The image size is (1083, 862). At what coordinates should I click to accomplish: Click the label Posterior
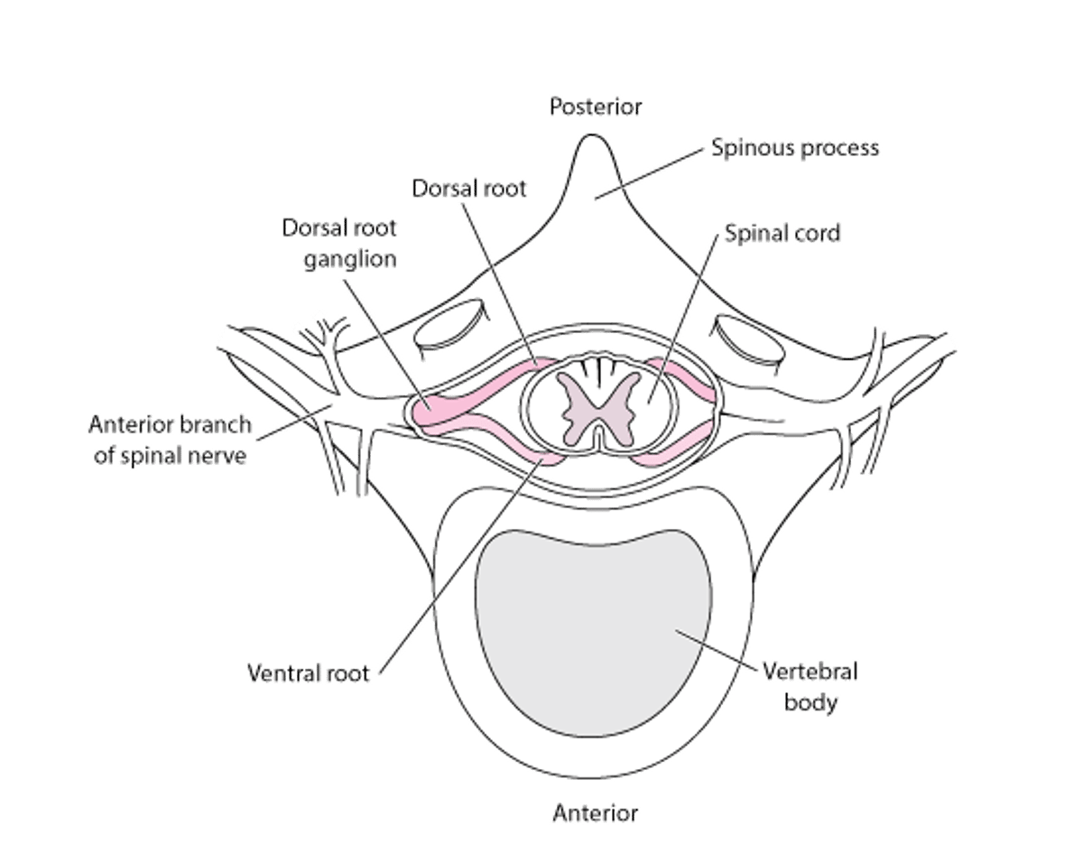596,107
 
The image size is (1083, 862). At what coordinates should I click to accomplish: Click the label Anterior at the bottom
595,813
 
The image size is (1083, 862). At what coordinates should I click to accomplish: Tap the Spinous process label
794,147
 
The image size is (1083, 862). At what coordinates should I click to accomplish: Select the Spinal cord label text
783,233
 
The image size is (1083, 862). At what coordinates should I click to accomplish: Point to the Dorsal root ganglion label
338,243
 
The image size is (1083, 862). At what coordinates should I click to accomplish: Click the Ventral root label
308,673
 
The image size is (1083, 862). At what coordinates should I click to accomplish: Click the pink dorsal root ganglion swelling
433,412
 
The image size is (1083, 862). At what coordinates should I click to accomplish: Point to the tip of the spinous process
591,138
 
